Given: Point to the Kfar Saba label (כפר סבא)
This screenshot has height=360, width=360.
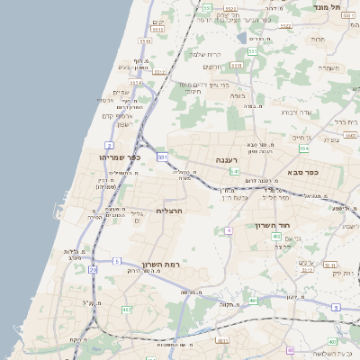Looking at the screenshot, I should click(x=302, y=172).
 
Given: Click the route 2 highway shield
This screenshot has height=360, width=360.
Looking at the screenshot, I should click(x=109, y=144).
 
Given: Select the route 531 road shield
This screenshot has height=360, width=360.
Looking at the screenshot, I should click(x=162, y=157).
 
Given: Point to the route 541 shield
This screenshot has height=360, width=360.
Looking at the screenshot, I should click(x=234, y=171).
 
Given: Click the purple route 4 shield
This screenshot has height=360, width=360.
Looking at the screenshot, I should click(x=229, y=231).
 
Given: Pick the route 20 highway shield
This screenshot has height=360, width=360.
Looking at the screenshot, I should click(x=93, y=269).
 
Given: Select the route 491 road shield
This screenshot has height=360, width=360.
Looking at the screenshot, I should click(x=253, y=301).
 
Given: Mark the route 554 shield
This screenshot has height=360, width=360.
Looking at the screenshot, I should click(x=304, y=148).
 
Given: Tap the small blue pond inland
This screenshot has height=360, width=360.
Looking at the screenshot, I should click(x=241, y=38).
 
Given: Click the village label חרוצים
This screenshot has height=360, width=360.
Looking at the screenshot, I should click(x=212, y=67).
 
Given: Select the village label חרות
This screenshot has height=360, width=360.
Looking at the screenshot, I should click(x=317, y=40).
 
